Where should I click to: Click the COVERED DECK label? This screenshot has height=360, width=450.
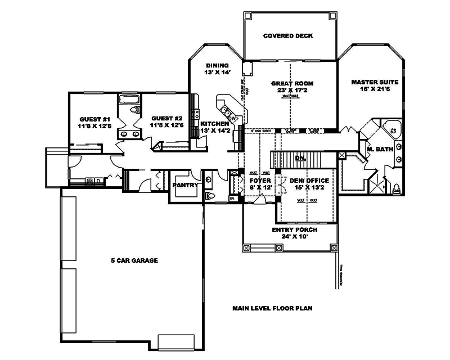click(x=288, y=36)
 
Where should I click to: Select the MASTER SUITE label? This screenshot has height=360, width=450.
click(x=371, y=82)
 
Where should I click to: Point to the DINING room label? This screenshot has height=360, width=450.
click(x=217, y=65)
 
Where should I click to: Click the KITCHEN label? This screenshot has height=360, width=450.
click(x=215, y=123)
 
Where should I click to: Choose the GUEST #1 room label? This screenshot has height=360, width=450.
click(x=94, y=119)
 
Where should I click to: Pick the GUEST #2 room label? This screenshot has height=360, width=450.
click(x=166, y=119)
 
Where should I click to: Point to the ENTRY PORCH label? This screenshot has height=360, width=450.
click(x=295, y=230)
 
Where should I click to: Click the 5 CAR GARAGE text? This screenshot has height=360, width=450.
click(x=134, y=260)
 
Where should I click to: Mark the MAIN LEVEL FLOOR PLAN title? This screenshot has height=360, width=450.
click(x=272, y=308)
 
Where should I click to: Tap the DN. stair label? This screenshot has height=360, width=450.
click(x=300, y=158)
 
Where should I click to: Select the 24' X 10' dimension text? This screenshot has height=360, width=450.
click(x=295, y=237)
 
